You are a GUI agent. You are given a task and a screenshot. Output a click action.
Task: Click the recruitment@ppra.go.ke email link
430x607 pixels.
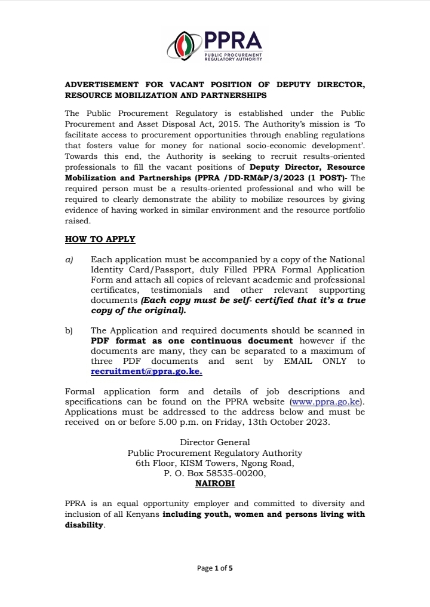click(x=146, y=371)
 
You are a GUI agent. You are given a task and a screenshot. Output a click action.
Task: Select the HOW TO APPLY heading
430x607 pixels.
click(x=100, y=239)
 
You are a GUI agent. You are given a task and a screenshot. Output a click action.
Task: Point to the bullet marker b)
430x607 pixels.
click(x=69, y=330)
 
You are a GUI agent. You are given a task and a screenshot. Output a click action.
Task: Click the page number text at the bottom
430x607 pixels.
click(x=215, y=568)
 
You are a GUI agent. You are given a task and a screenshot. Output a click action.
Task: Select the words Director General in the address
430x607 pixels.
click(x=215, y=442)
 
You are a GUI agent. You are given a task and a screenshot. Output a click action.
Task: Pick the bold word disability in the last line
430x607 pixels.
click(x=84, y=525)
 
